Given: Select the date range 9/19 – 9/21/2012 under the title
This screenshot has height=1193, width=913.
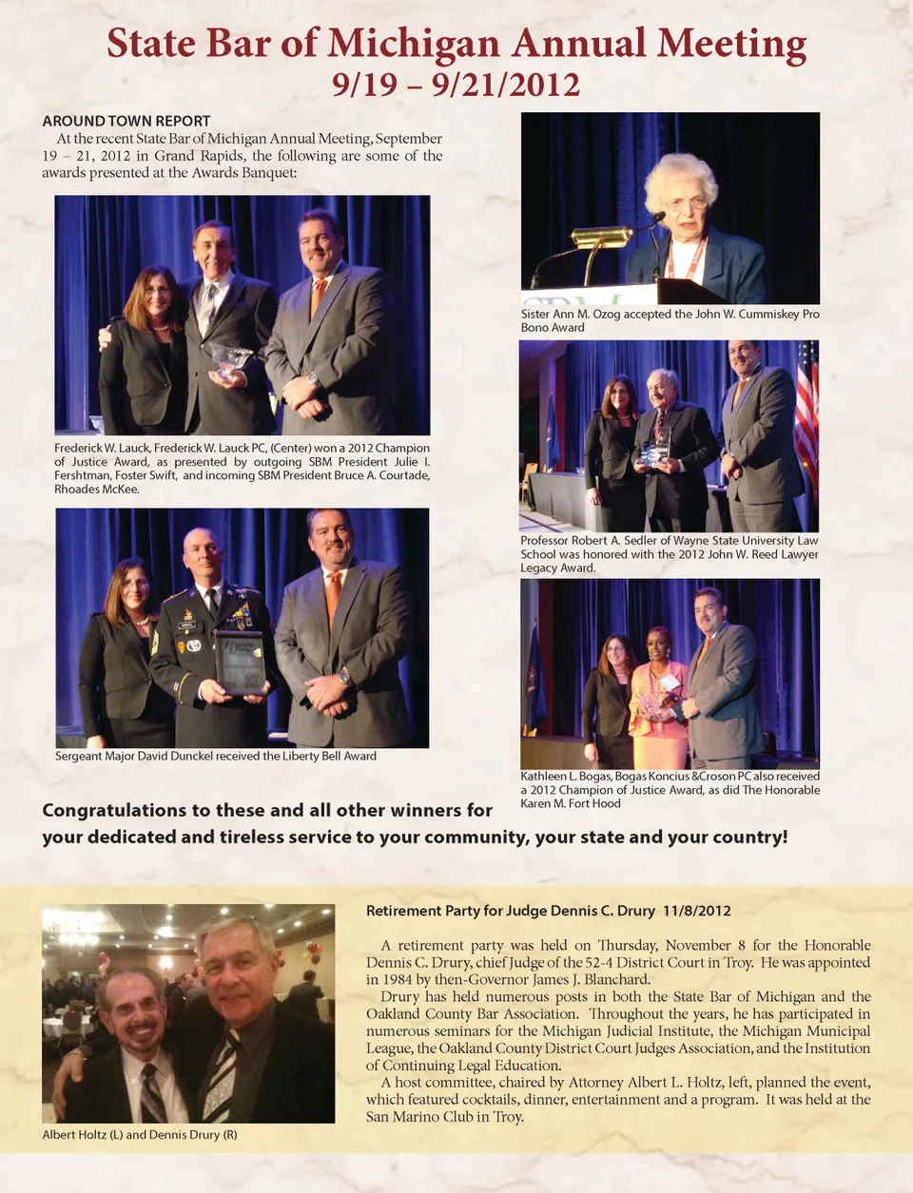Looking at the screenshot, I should coord(456,85).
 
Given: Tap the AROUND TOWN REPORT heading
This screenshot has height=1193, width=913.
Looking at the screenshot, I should coord(126,121).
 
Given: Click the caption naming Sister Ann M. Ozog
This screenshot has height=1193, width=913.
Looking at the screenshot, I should coord(670,320).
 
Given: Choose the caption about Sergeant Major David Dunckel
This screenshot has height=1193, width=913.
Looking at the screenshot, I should coord(216,756).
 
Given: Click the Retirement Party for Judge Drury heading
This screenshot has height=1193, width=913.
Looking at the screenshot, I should coord(511,911).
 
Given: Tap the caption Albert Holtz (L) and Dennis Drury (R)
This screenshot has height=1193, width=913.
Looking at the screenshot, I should coord(140,1134).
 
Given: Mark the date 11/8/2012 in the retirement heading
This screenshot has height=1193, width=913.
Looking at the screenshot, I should coord(697,911).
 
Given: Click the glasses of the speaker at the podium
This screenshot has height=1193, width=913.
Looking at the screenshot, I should coord(685,202).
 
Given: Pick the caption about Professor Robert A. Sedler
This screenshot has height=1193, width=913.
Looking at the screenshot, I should coord(670,554).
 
